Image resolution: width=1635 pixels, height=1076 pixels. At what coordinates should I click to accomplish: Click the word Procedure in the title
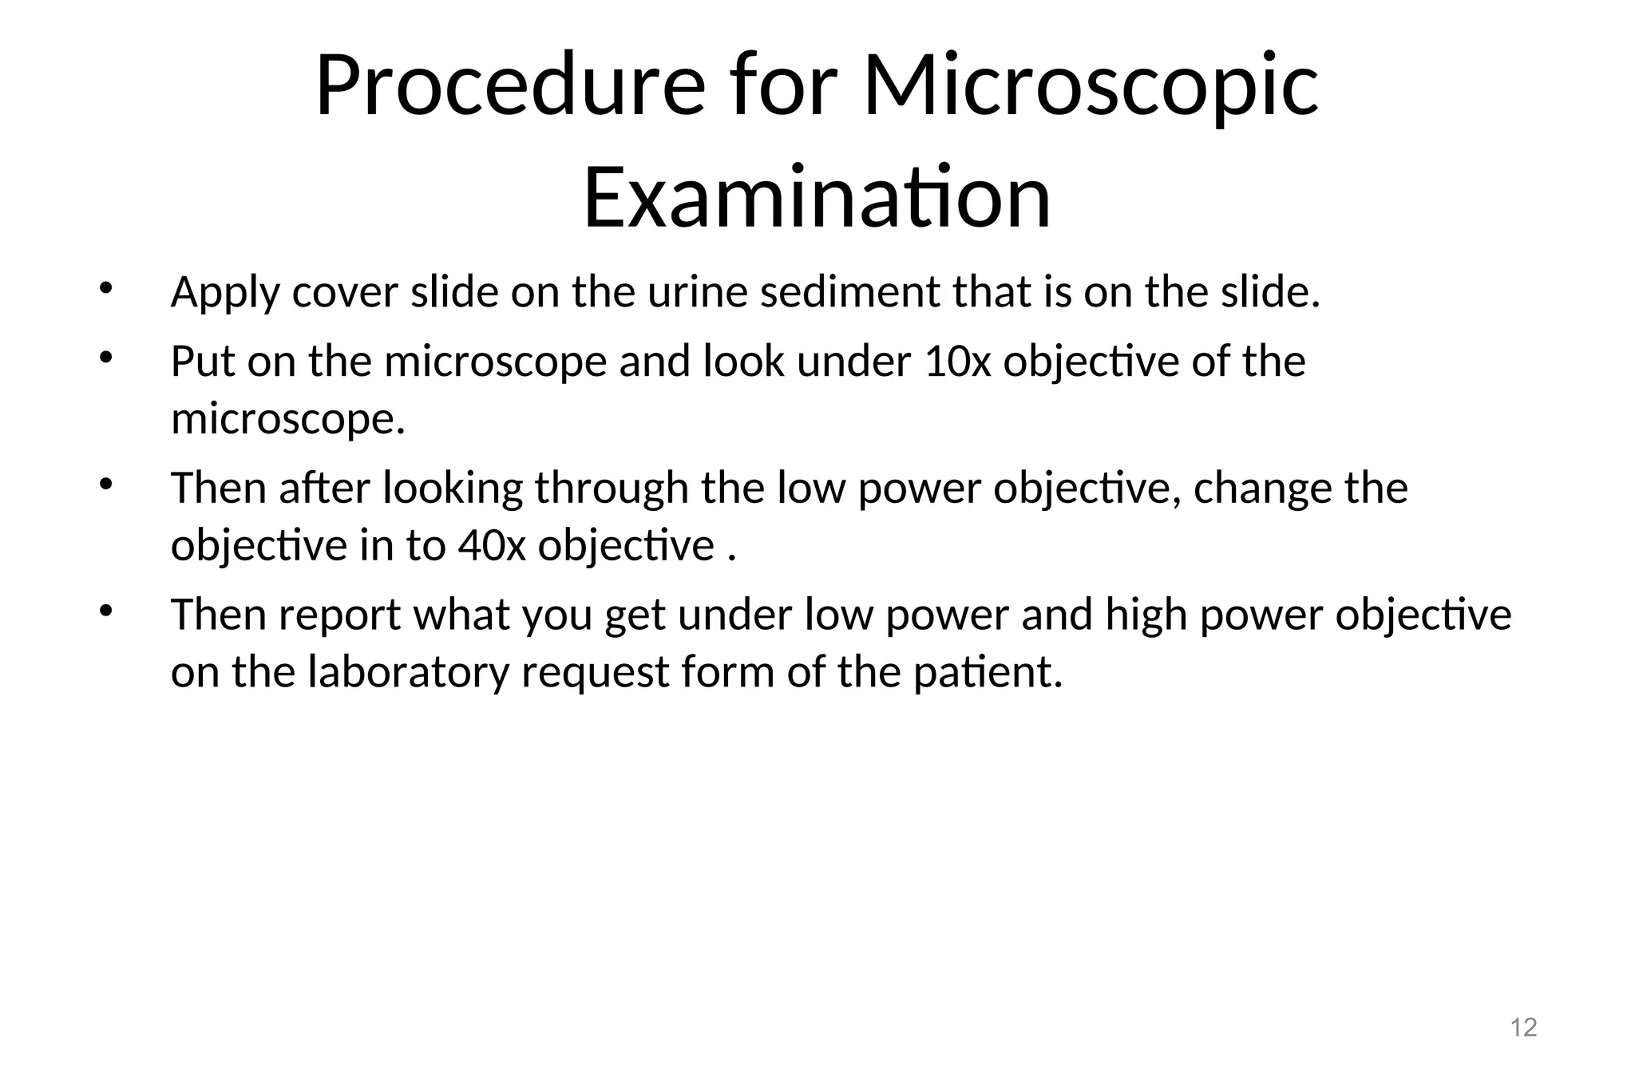pyautogui.click(x=509, y=86)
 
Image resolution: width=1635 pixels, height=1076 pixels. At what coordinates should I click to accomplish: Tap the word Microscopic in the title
pyautogui.click(x=1091, y=86)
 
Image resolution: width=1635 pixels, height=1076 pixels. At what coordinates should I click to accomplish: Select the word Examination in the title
pyautogui.click(x=817, y=196)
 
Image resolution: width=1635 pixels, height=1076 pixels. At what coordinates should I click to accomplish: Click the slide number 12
pyautogui.click(x=1524, y=1027)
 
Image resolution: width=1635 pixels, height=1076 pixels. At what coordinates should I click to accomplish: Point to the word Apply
pyautogui.click(x=225, y=292)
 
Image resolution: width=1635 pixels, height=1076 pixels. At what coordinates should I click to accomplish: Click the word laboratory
pyautogui.click(x=408, y=672)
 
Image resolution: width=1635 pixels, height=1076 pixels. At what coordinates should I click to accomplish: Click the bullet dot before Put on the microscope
pyautogui.click(x=105, y=358)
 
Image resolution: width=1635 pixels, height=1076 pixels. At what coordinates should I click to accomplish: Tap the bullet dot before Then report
pyautogui.click(x=105, y=611)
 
